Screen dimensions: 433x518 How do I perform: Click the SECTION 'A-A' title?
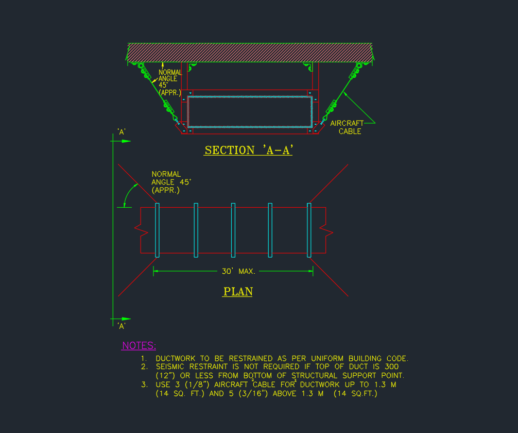coord(248,151)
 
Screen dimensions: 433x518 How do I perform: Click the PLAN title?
coord(238,292)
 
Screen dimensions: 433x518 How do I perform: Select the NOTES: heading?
coord(139,346)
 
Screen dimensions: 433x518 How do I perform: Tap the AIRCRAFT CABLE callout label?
coord(348,127)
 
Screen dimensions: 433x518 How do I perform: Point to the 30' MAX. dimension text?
coord(238,271)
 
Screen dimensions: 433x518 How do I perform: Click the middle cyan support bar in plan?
coord(233,230)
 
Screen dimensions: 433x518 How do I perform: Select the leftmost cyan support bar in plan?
coord(157,230)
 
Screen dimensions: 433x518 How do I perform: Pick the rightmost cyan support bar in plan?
coord(309,230)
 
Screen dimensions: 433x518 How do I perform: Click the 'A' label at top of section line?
coord(122,132)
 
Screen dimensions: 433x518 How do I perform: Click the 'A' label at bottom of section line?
coord(122,326)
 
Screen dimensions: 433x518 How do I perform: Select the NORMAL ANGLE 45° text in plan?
coord(166,182)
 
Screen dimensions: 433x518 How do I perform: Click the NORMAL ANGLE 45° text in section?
coord(170,82)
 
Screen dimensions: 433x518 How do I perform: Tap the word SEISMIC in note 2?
coord(172,367)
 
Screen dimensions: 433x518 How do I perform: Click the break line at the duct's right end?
coord(326,230)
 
